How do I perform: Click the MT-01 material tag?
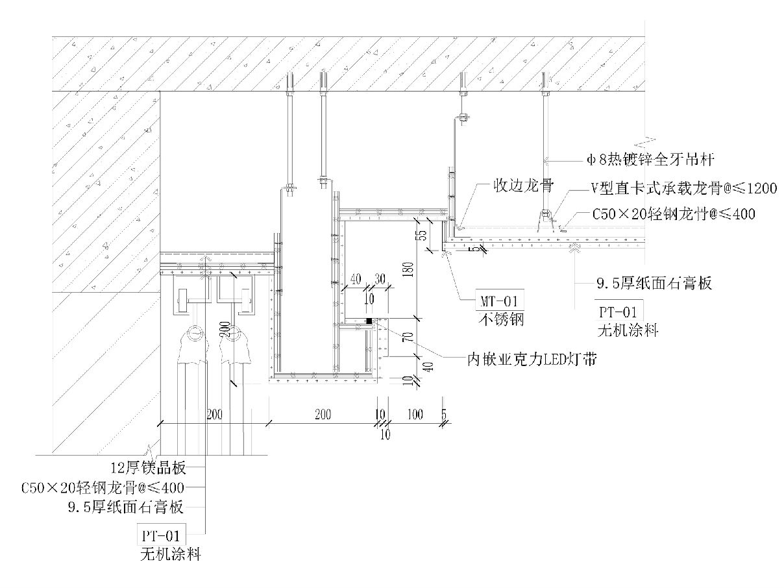pos(499,301)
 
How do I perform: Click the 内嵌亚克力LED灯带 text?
pos(532,358)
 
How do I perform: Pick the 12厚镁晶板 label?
pos(149,468)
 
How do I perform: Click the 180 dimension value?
pos(407,269)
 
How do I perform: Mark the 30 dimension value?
pos(379,278)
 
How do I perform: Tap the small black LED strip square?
pos(369,321)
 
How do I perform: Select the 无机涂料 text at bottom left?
pos(170,555)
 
